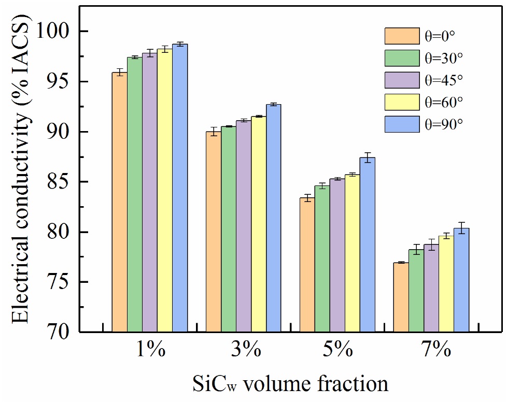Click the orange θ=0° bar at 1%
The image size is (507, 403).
click(x=120, y=202)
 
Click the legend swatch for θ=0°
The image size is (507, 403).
click(x=402, y=36)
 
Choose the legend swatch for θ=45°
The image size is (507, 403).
click(x=402, y=80)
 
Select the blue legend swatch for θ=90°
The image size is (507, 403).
click(x=402, y=124)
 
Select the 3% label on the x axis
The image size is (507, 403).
click(x=244, y=350)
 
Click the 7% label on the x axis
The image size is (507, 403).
click(x=431, y=350)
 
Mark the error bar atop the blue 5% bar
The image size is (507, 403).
click(x=367, y=157)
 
